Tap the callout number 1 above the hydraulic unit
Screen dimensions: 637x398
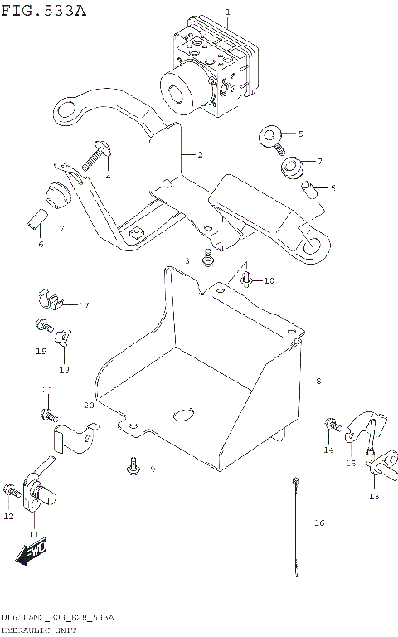coord(226,12)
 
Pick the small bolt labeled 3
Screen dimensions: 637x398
coord(209,259)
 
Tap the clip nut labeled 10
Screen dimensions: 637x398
coord(247,280)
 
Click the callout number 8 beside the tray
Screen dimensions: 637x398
coord(318,381)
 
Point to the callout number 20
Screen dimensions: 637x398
coord(89,406)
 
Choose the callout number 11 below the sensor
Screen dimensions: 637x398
coord(33,533)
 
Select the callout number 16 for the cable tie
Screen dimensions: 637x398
coord(319,523)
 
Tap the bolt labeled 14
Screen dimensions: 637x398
coord(333,425)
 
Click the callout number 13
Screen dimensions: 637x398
coord(373,496)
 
